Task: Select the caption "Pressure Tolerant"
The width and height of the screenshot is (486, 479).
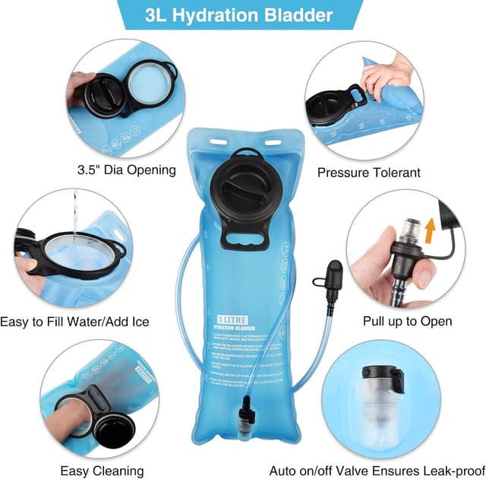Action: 368,173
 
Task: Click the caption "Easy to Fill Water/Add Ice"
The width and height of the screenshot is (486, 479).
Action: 74,322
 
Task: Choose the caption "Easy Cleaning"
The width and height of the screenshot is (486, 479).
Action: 102,471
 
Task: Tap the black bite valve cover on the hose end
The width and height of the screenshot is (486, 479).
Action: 333,274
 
